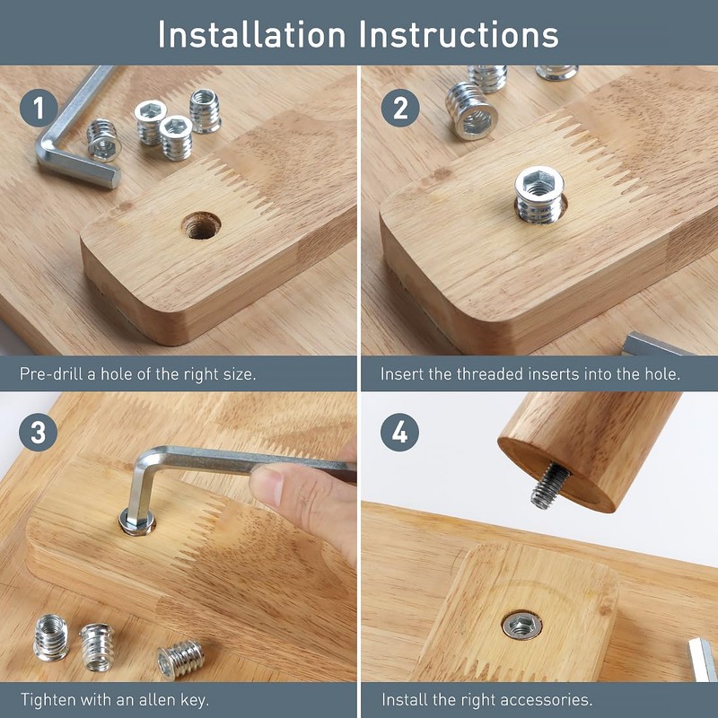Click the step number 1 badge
(39, 108)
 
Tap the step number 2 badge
(400, 108)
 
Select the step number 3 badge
(39, 433)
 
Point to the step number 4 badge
(399, 433)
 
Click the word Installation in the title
(251, 35)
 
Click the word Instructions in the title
(459, 35)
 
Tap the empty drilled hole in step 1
(201, 225)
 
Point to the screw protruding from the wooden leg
(550, 486)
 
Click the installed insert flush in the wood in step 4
(521, 625)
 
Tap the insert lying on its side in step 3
(180, 660)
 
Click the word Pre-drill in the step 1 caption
(51, 374)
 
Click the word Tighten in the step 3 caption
(48, 700)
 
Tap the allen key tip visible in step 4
(703, 660)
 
